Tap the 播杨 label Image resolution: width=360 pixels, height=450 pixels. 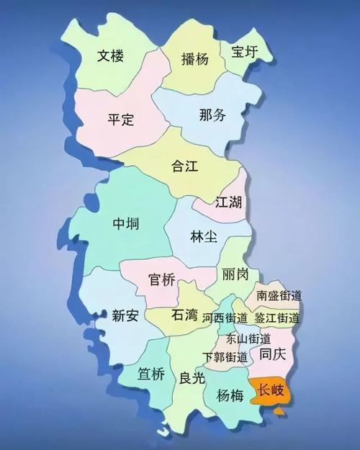coord(194,59)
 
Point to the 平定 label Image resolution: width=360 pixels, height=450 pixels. coord(121,119)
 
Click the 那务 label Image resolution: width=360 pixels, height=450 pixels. coord(212,114)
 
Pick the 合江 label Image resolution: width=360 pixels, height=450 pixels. coord(184,166)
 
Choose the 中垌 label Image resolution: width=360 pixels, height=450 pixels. coord(126,224)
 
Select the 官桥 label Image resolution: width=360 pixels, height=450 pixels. coord(161,279)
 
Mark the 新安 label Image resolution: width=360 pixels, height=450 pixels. coord(125,314)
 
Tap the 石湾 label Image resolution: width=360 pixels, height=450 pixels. coord(185,315)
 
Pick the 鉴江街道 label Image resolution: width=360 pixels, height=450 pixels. coord(276,318)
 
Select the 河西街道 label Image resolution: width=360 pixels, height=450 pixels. coord(225,317)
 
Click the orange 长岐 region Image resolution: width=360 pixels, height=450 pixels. coord(270,390)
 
